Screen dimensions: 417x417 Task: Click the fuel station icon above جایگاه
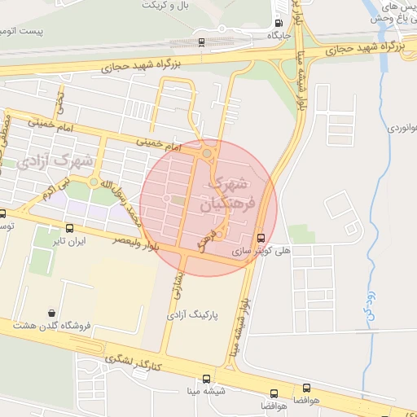point(279,24)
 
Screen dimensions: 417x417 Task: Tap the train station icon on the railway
point(201,41)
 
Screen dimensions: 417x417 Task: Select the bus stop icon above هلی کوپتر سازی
point(261,238)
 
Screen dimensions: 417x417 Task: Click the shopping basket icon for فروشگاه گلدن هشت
point(53,313)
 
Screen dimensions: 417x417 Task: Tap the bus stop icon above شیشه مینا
point(205,380)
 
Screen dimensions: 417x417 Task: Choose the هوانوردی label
point(400,128)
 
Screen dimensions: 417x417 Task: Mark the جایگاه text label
point(279,37)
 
